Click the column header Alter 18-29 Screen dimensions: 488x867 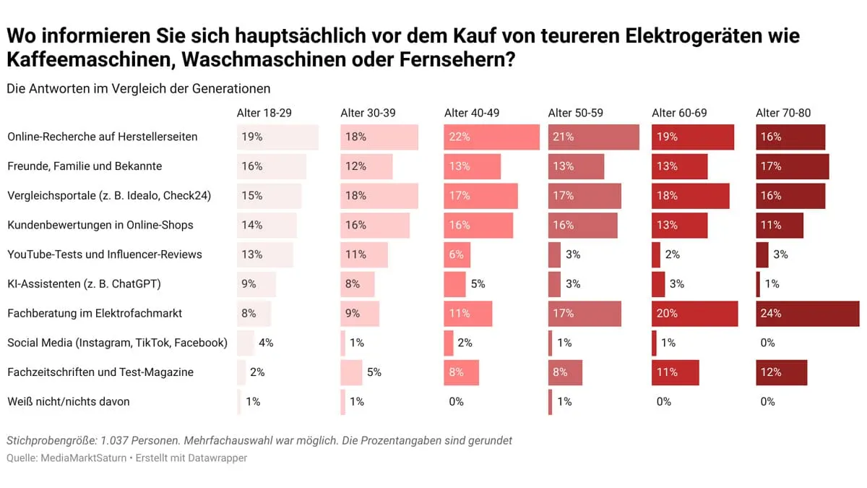pos(264,113)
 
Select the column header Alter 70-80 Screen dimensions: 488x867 pos(783,113)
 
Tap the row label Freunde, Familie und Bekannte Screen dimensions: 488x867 pos(85,166)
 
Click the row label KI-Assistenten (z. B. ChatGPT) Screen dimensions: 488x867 pos(84,284)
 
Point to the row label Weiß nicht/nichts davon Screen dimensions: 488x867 pos(69,401)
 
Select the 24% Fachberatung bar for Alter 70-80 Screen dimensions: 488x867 pos(807,314)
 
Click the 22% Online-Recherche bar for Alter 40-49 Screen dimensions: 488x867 pos(491,137)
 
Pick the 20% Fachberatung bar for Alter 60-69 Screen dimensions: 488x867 pos(694,314)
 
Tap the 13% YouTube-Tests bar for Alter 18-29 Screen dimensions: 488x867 pos(264,254)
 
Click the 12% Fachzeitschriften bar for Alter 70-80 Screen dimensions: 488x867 pos(781,372)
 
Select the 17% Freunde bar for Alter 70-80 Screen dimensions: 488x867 pos(792,166)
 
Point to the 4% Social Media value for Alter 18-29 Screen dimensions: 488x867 pos(266,343)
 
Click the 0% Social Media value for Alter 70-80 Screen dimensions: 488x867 pos(767,343)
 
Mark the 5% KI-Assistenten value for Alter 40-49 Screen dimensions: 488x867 pos(478,284)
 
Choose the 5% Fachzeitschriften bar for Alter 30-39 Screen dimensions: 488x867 pos(351,372)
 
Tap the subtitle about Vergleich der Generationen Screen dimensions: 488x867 pos(139,89)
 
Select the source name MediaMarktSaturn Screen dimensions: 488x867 pos(86,458)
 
